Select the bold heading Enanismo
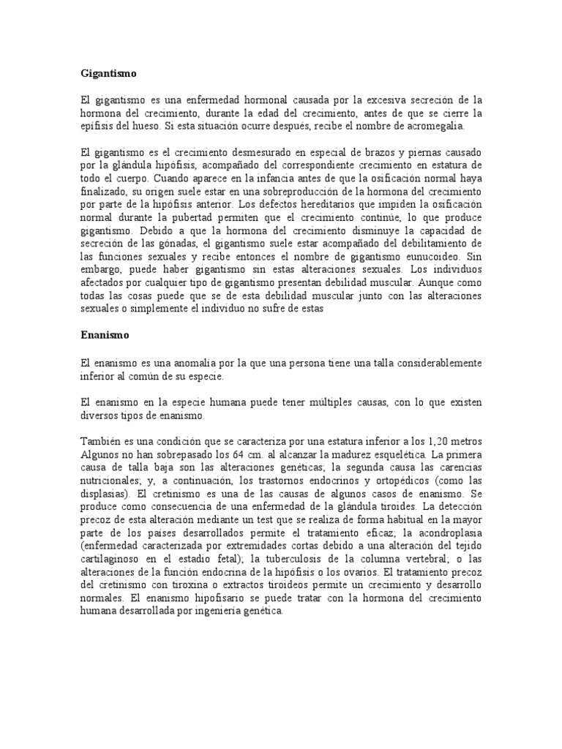[x=105, y=336]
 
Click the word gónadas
[x=195, y=245]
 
